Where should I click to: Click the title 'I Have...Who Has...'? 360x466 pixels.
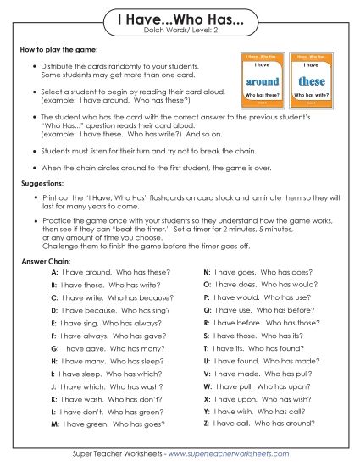(179, 19)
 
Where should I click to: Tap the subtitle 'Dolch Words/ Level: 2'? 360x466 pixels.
(179, 33)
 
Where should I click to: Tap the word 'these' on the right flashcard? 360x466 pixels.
(311, 81)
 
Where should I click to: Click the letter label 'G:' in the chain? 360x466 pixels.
(54, 348)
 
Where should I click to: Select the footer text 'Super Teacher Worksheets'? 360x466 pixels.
(117, 453)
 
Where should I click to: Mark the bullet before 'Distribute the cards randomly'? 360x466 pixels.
(33, 65)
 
